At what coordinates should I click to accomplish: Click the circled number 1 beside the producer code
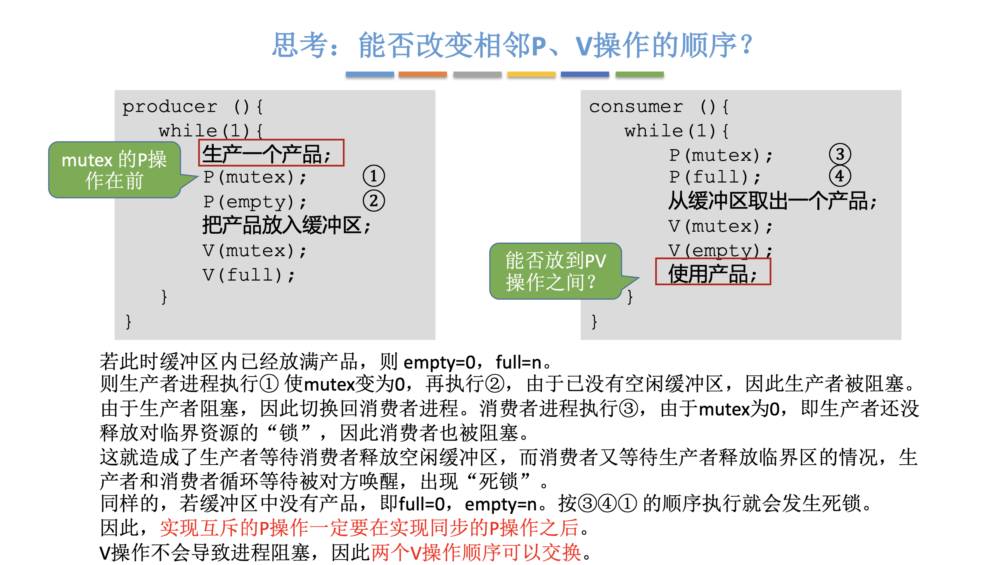click(x=374, y=176)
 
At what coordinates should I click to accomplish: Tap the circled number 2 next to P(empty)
click(x=374, y=201)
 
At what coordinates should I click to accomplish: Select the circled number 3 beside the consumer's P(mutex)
click(x=840, y=155)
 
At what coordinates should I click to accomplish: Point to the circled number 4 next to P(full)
click(x=840, y=176)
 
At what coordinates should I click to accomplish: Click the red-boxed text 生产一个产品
click(x=271, y=153)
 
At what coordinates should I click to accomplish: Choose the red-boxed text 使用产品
click(x=713, y=272)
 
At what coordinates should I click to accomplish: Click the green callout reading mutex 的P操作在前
click(x=114, y=170)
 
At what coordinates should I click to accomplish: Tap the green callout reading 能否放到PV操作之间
click(x=555, y=271)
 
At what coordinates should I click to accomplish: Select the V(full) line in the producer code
click(x=249, y=275)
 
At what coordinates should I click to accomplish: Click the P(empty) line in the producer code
click(x=254, y=202)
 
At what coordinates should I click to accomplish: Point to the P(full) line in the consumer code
click(x=715, y=177)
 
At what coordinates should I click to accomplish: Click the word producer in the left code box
click(x=170, y=107)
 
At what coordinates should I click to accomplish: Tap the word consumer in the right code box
click(x=636, y=107)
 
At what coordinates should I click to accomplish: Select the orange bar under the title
click(x=422, y=74)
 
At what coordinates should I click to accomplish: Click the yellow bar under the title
click(x=531, y=74)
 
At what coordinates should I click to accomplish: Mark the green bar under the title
click(x=639, y=74)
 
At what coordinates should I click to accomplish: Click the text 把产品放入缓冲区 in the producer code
click(x=286, y=226)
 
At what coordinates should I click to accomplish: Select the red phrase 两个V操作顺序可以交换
click(x=476, y=552)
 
